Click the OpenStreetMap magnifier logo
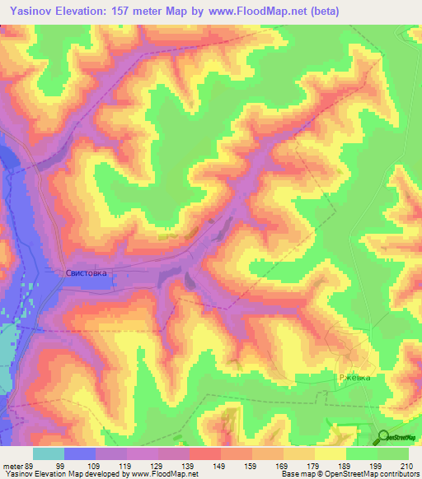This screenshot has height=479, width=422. (385, 437)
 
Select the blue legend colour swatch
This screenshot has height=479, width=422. (80, 453)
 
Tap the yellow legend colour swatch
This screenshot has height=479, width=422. (331, 453)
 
